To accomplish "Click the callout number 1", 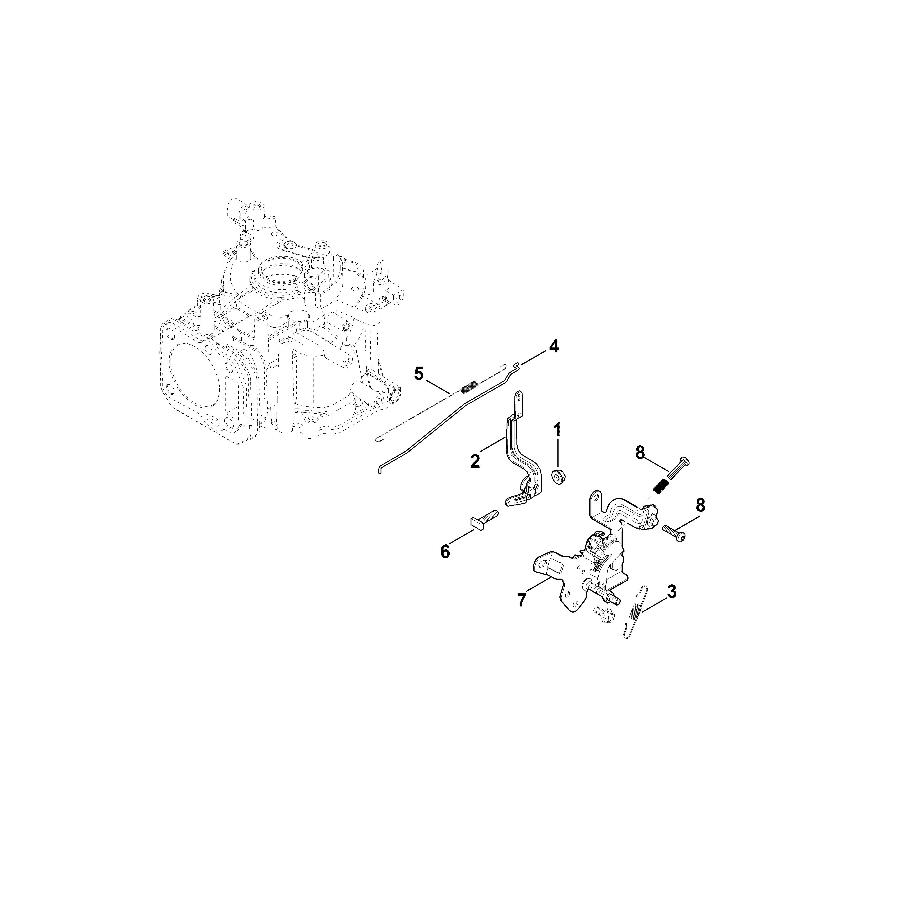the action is [557, 430].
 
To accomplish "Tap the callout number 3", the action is [672, 592].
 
